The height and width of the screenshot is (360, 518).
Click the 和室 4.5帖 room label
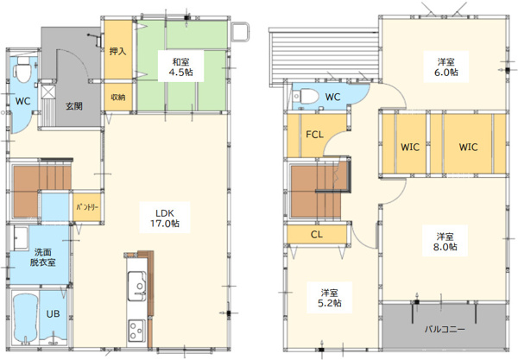pos(180,67)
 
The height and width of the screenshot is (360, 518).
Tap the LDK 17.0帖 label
pos(165,218)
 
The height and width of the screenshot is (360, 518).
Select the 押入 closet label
pos(118,51)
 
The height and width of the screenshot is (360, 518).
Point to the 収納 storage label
pos(118,97)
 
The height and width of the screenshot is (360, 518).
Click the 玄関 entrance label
pos(74,106)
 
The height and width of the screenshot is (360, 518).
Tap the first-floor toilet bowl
pos(22,70)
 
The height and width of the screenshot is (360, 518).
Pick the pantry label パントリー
pos(87,207)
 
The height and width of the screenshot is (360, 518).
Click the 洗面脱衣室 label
pos(43,257)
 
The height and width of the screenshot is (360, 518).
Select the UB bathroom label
pos(53,313)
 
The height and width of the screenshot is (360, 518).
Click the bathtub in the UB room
pos(26,318)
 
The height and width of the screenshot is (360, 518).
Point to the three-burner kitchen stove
pos(136,331)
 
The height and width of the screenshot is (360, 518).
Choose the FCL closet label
pos(314,135)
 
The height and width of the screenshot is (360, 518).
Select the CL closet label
pos(317,235)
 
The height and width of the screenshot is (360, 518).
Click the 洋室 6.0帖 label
pos(446,67)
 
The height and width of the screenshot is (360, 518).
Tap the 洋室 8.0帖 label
pos(445,242)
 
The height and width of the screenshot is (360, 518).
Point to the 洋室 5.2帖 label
pos(330,298)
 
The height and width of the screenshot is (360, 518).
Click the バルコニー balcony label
pos(445,329)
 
